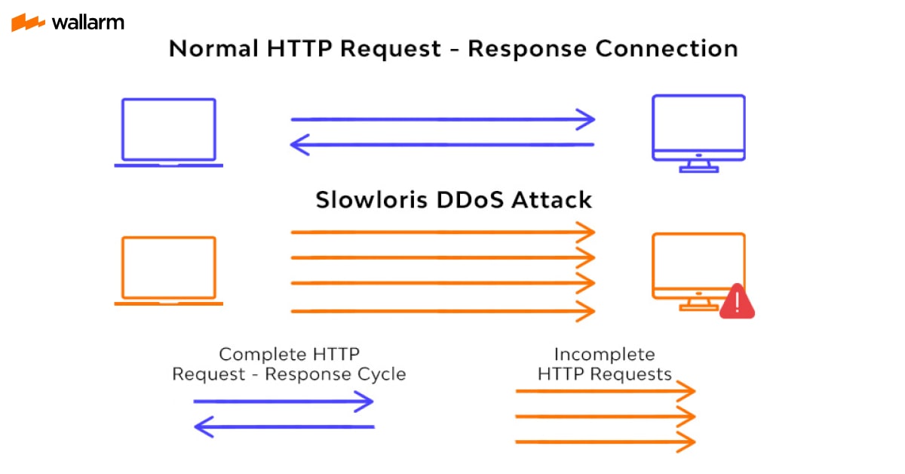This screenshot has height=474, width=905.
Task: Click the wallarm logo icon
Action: click(28, 23)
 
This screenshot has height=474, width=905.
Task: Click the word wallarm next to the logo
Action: click(87, 23)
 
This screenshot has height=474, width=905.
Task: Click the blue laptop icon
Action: click(169, 132)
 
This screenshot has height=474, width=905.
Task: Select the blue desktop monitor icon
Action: click(698, 131)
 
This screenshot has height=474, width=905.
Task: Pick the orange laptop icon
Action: click(169, 270)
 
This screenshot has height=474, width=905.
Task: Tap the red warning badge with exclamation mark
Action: click(737, 302)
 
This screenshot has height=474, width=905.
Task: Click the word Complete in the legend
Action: click(257, 354)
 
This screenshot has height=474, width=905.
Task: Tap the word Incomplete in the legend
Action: click(604, 354)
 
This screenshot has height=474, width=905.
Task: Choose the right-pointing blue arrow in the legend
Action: click(284, 402)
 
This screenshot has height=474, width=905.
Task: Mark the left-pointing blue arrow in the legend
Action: click(284, 427)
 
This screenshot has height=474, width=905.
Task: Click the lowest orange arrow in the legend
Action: click(604, 442)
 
